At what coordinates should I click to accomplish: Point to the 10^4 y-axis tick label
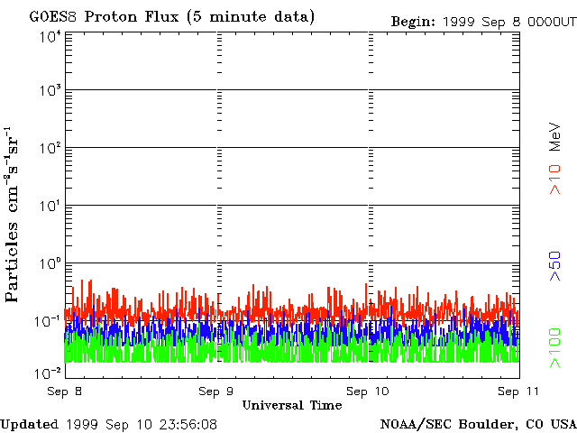tap(49, 36)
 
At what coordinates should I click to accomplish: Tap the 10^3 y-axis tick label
tap(49, 91)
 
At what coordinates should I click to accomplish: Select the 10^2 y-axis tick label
tap(49, 149)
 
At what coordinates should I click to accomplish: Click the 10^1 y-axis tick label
tap(49, 207)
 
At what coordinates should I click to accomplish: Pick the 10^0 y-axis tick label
tap(49, 264)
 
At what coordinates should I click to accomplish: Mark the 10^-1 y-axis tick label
tap(47, 322)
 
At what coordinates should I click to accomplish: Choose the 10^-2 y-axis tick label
tap(47, 373)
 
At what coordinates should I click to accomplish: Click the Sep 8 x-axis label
tap(64, 392)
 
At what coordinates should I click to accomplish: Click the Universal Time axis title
tap(291, 405)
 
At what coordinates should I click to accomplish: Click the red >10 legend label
tap(556, 178)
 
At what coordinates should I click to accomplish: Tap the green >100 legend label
tap(556, 348)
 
